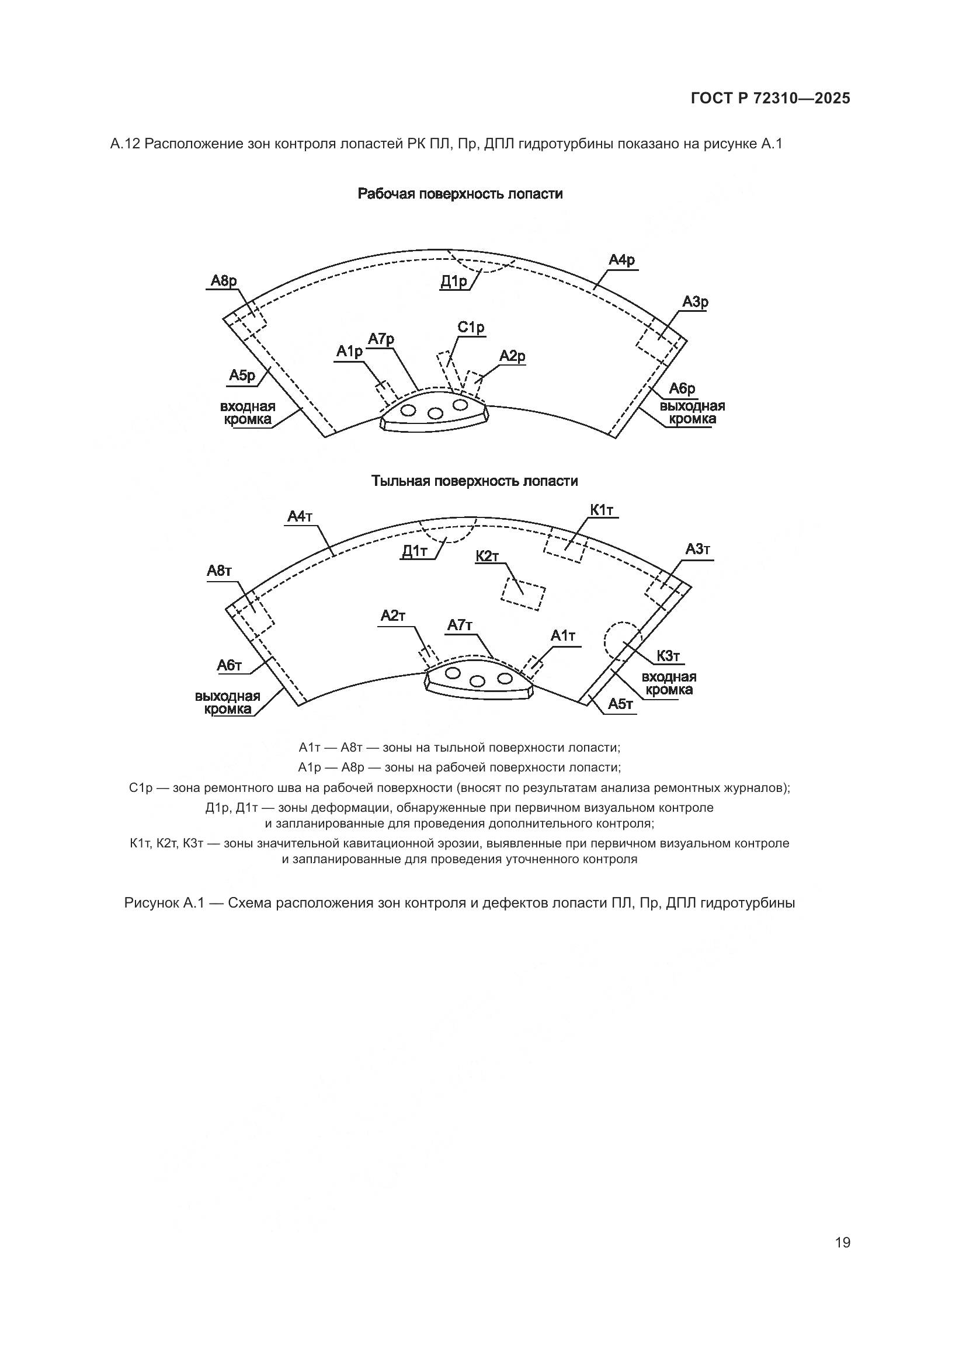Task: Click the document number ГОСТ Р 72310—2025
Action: tap(770, 98)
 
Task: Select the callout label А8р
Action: tap(224, 281)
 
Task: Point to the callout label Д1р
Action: tap(454, 281)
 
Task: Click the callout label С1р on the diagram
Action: tap(471, 327)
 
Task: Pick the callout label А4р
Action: tap(621, 260)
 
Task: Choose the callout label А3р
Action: tap(695, 303)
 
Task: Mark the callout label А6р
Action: tap(682, 388)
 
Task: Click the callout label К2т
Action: tap(487, 557)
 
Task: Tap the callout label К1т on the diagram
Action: tap(602, 510)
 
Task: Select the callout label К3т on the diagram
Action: tap(668, 656)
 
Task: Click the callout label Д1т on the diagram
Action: tap(415, 551)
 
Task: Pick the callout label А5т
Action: tap(620, 704)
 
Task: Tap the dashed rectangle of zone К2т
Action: tap(523, 593)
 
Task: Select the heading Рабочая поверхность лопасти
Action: tap(460, 194)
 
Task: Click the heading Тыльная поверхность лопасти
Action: tap(474, 481)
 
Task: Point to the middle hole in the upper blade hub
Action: tap(435, 413)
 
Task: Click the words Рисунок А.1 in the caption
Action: tap(164, 902)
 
